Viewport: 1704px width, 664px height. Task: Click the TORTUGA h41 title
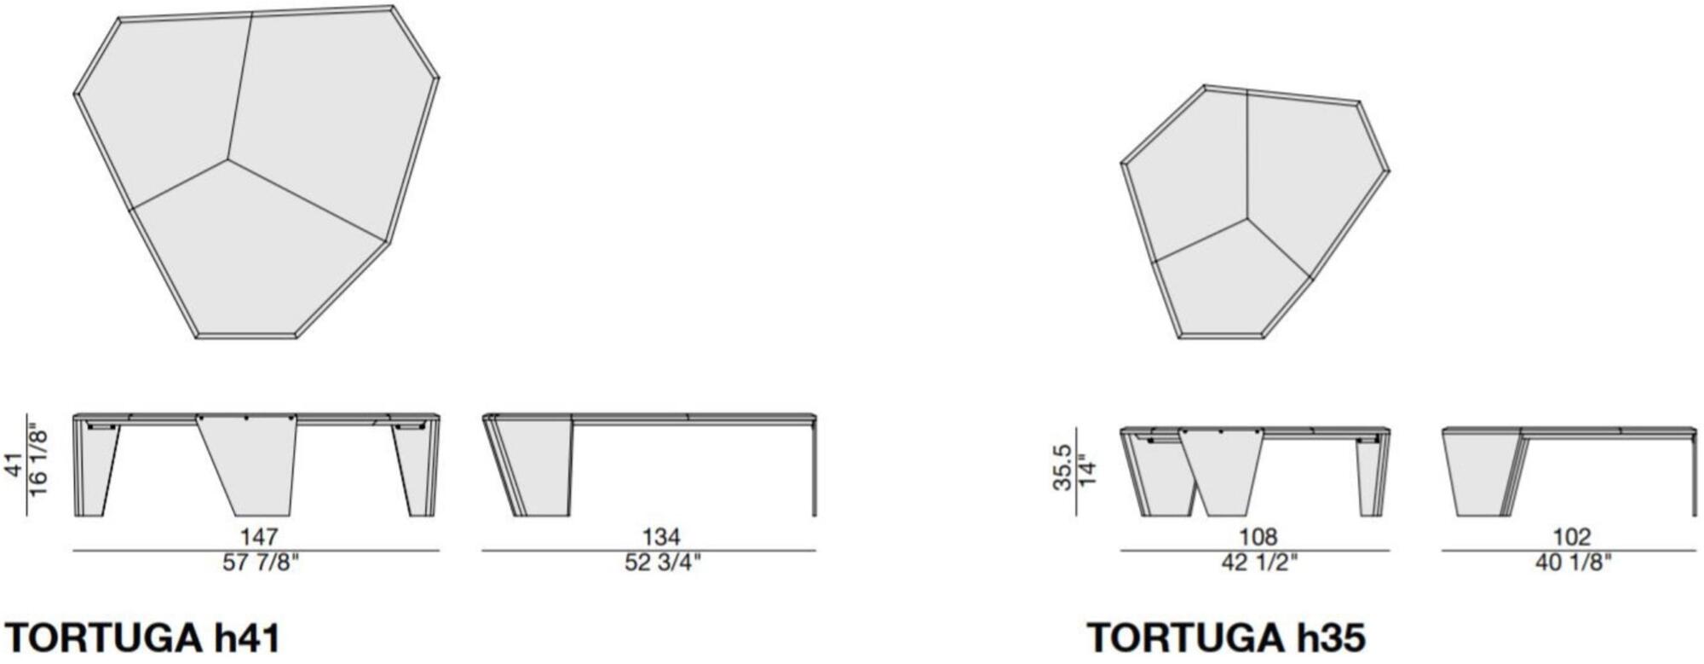point(142,638)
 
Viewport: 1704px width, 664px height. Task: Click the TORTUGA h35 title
point(1226,638)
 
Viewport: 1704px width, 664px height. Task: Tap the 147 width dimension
point(258,537)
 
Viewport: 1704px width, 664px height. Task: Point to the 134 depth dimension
point(661,537)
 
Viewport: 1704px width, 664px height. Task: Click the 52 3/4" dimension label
point(661,563)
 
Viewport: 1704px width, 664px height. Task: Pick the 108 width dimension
point(1258,537)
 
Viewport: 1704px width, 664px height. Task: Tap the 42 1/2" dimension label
point(1258,563)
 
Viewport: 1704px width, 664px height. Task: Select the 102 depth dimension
point(1571,537)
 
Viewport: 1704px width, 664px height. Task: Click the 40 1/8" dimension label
point(1573,563)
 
